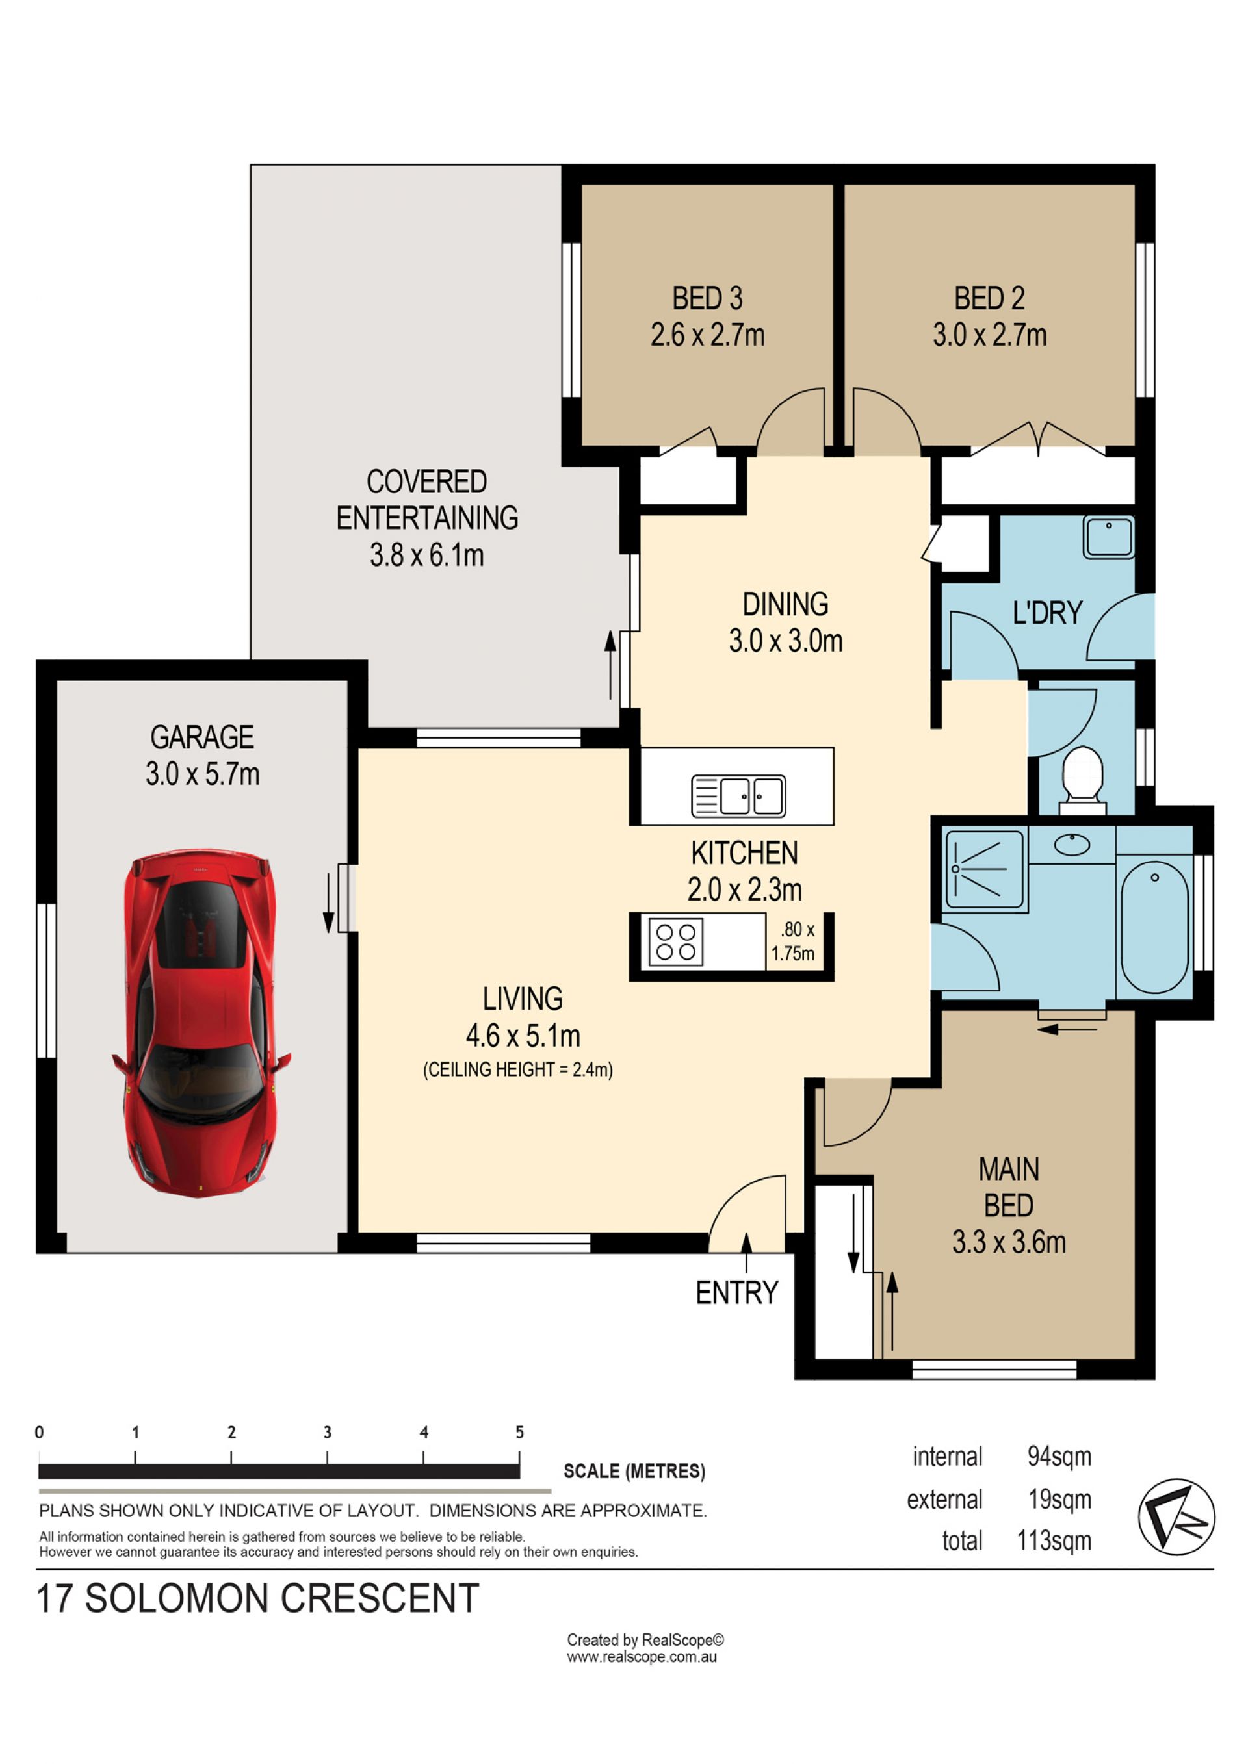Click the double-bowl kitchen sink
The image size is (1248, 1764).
pyautogui.click(x=738, y=795)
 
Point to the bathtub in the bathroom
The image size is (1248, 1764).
pyautogui.click(x=1155, y=927)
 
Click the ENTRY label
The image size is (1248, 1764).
pyautogui.click(x=737, y=1293)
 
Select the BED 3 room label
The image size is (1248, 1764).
pyautogui.click(x=708, y=298)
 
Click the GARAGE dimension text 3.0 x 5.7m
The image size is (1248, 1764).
pyautogui.click(x=203, y=774)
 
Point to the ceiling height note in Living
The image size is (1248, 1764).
pyautogui.click(x=518, y=1069)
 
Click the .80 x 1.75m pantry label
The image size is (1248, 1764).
pyautogui.click(x=793, y=941)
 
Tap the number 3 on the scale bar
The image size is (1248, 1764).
pyautogui.click(x=328, y=1432)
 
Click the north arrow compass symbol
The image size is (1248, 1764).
pyautogui.click(x=1176, y=1517)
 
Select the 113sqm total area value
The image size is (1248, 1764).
pyautogui.click(x=1054, y=1540)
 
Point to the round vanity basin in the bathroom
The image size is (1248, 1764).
pyautogui.click(x=1072, y=845)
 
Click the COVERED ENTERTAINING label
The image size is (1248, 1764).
pyautogui.click(x=427, y=500)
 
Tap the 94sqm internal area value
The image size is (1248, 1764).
pyautogui.click(x=1059, y=1456)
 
